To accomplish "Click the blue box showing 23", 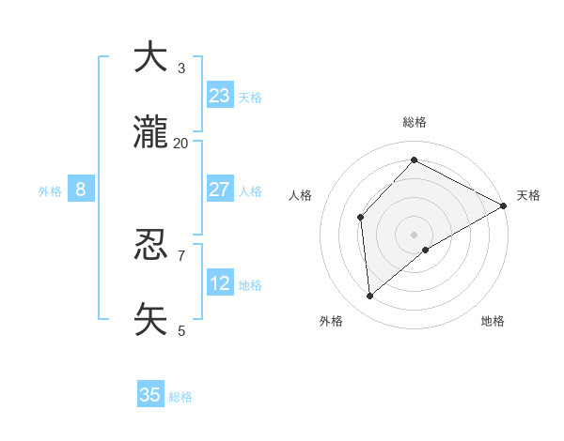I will pos(220,96).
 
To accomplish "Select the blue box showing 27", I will pos(220,190).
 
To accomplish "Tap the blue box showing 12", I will pos(220,282).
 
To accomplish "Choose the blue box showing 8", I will pos(81,190).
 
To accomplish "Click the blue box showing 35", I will pos(150,395).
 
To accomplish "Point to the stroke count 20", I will pos(181,143).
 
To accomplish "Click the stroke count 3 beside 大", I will pos(181,68).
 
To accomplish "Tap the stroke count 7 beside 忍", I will pos(181,255).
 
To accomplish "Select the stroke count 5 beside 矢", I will pos(181,329).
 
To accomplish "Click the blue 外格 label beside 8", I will pos(50,191).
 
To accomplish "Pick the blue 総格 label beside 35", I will pos(180,397).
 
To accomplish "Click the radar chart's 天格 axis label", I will pos(528,195).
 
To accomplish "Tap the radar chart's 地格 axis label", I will pos(493,321).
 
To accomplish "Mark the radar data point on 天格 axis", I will pos(504,205).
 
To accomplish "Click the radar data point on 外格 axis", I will pos(370,297).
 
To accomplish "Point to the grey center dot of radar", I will pos(414,234).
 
